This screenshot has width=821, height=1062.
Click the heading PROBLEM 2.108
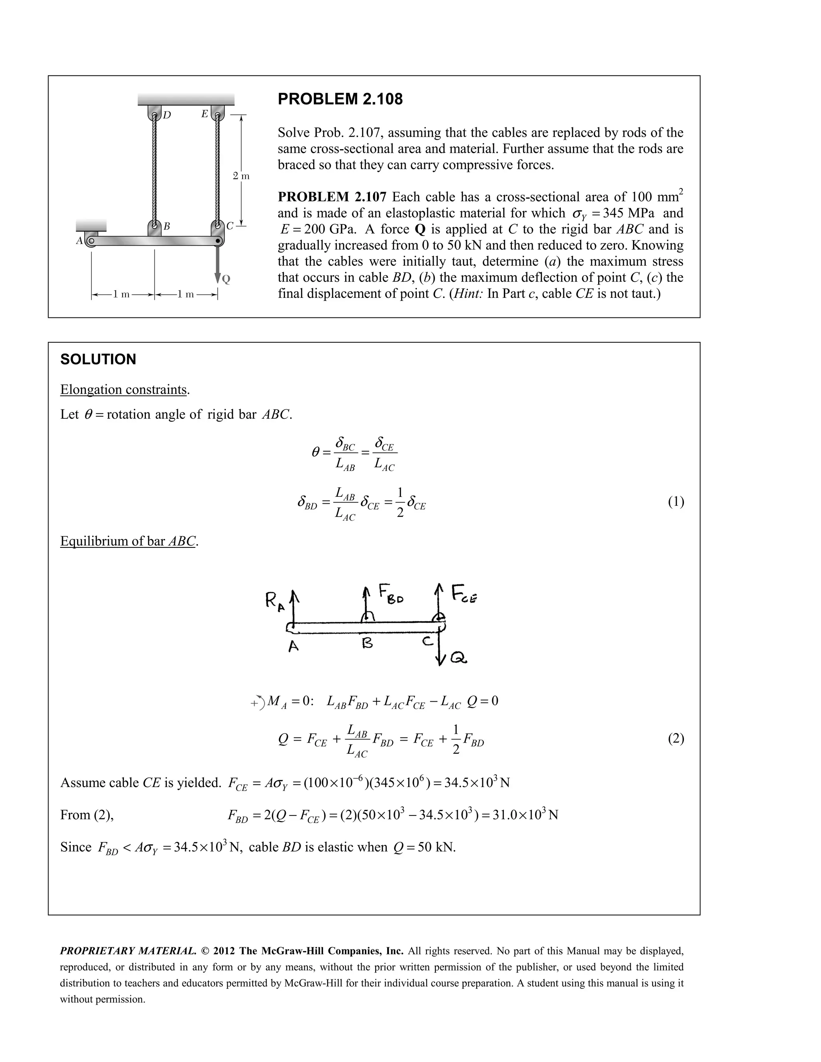[340, 99]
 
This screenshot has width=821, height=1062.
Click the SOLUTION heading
[98, 359]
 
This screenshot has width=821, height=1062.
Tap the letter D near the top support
[167, 115]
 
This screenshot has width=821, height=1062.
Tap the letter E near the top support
[205, 114]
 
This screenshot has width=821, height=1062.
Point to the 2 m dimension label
[241, 176]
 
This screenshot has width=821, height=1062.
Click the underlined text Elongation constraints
[123, 390]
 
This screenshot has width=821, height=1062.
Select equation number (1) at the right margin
[675, 502]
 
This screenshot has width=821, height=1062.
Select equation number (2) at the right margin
[675, 739]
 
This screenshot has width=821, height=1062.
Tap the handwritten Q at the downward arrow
[459, 659]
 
